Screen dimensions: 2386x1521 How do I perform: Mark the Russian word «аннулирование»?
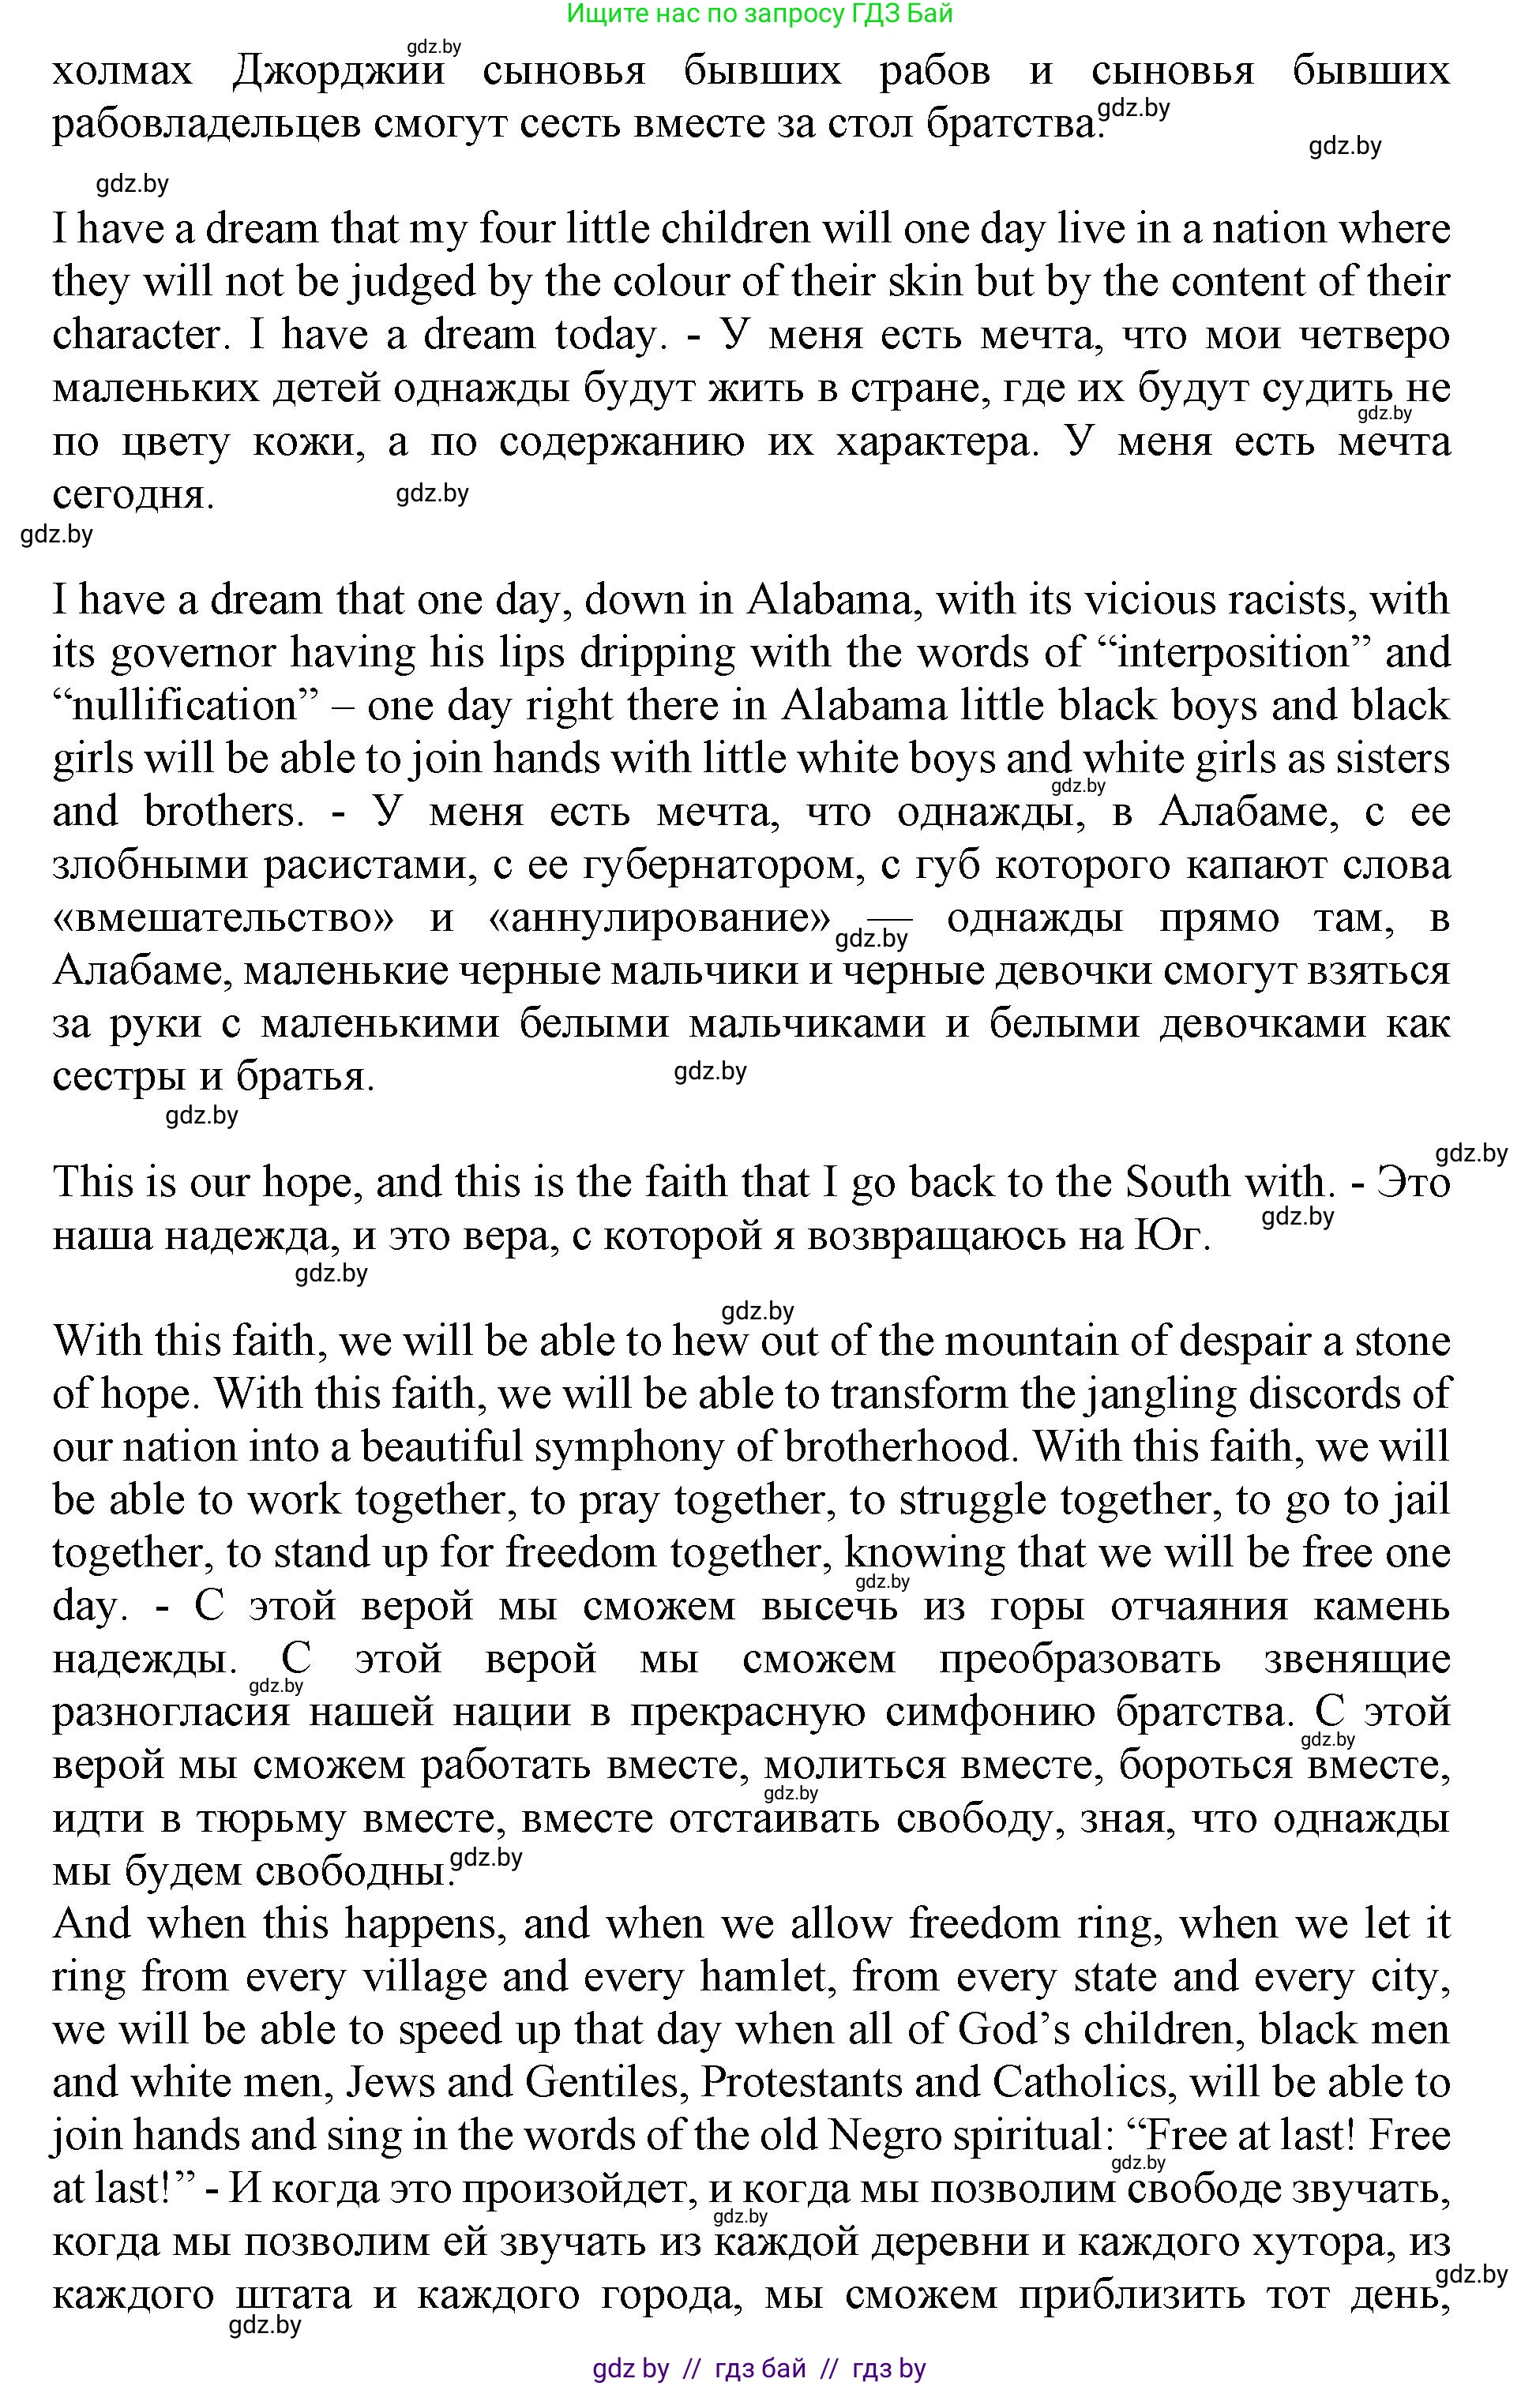[x=659, y=918]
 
